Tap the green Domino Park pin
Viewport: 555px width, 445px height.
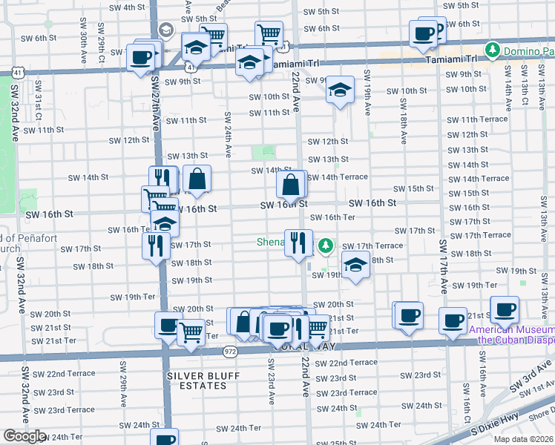coord(491,50)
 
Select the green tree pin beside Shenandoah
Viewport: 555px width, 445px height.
coord(324,245)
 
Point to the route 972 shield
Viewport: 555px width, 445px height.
coord(231,352)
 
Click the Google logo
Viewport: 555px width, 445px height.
coord(24,436)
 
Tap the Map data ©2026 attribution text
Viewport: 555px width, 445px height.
coord(522,439)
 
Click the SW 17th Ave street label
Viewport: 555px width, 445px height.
coord(444,266)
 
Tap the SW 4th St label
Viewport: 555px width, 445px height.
coord(127,7)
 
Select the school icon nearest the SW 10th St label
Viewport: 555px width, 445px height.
coord(340,90)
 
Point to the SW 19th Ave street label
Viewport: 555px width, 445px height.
coord(367,93)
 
